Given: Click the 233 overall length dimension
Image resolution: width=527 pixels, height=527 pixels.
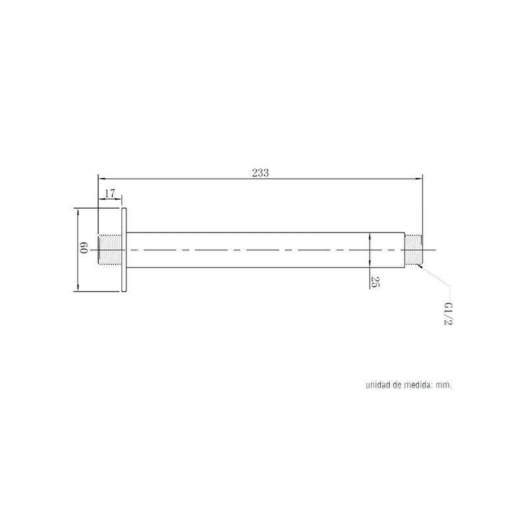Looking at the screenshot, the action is click(260, 173).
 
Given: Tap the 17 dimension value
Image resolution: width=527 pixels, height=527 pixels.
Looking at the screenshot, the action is click(110, 194).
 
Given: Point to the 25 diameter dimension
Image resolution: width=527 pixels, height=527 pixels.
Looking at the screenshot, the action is click(375, 282).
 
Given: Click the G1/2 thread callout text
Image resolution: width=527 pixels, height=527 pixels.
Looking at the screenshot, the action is click(448, 314).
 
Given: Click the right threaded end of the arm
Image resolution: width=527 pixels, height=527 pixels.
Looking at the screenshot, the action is click(414, 250).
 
